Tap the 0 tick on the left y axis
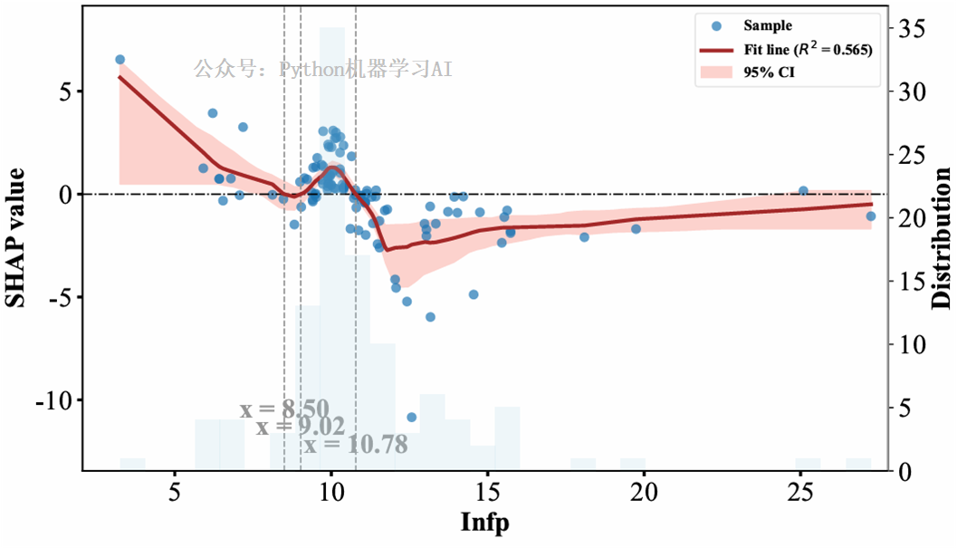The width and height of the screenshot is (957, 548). [65, 195]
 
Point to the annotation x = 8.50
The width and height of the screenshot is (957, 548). [284, 409]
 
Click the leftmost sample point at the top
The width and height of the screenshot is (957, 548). [120, 60]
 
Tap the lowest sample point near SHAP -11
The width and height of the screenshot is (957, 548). [412, 418]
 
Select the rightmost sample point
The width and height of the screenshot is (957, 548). [870, 216]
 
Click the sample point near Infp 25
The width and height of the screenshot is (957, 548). [803, 191]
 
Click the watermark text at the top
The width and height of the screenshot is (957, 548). [322, 69]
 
